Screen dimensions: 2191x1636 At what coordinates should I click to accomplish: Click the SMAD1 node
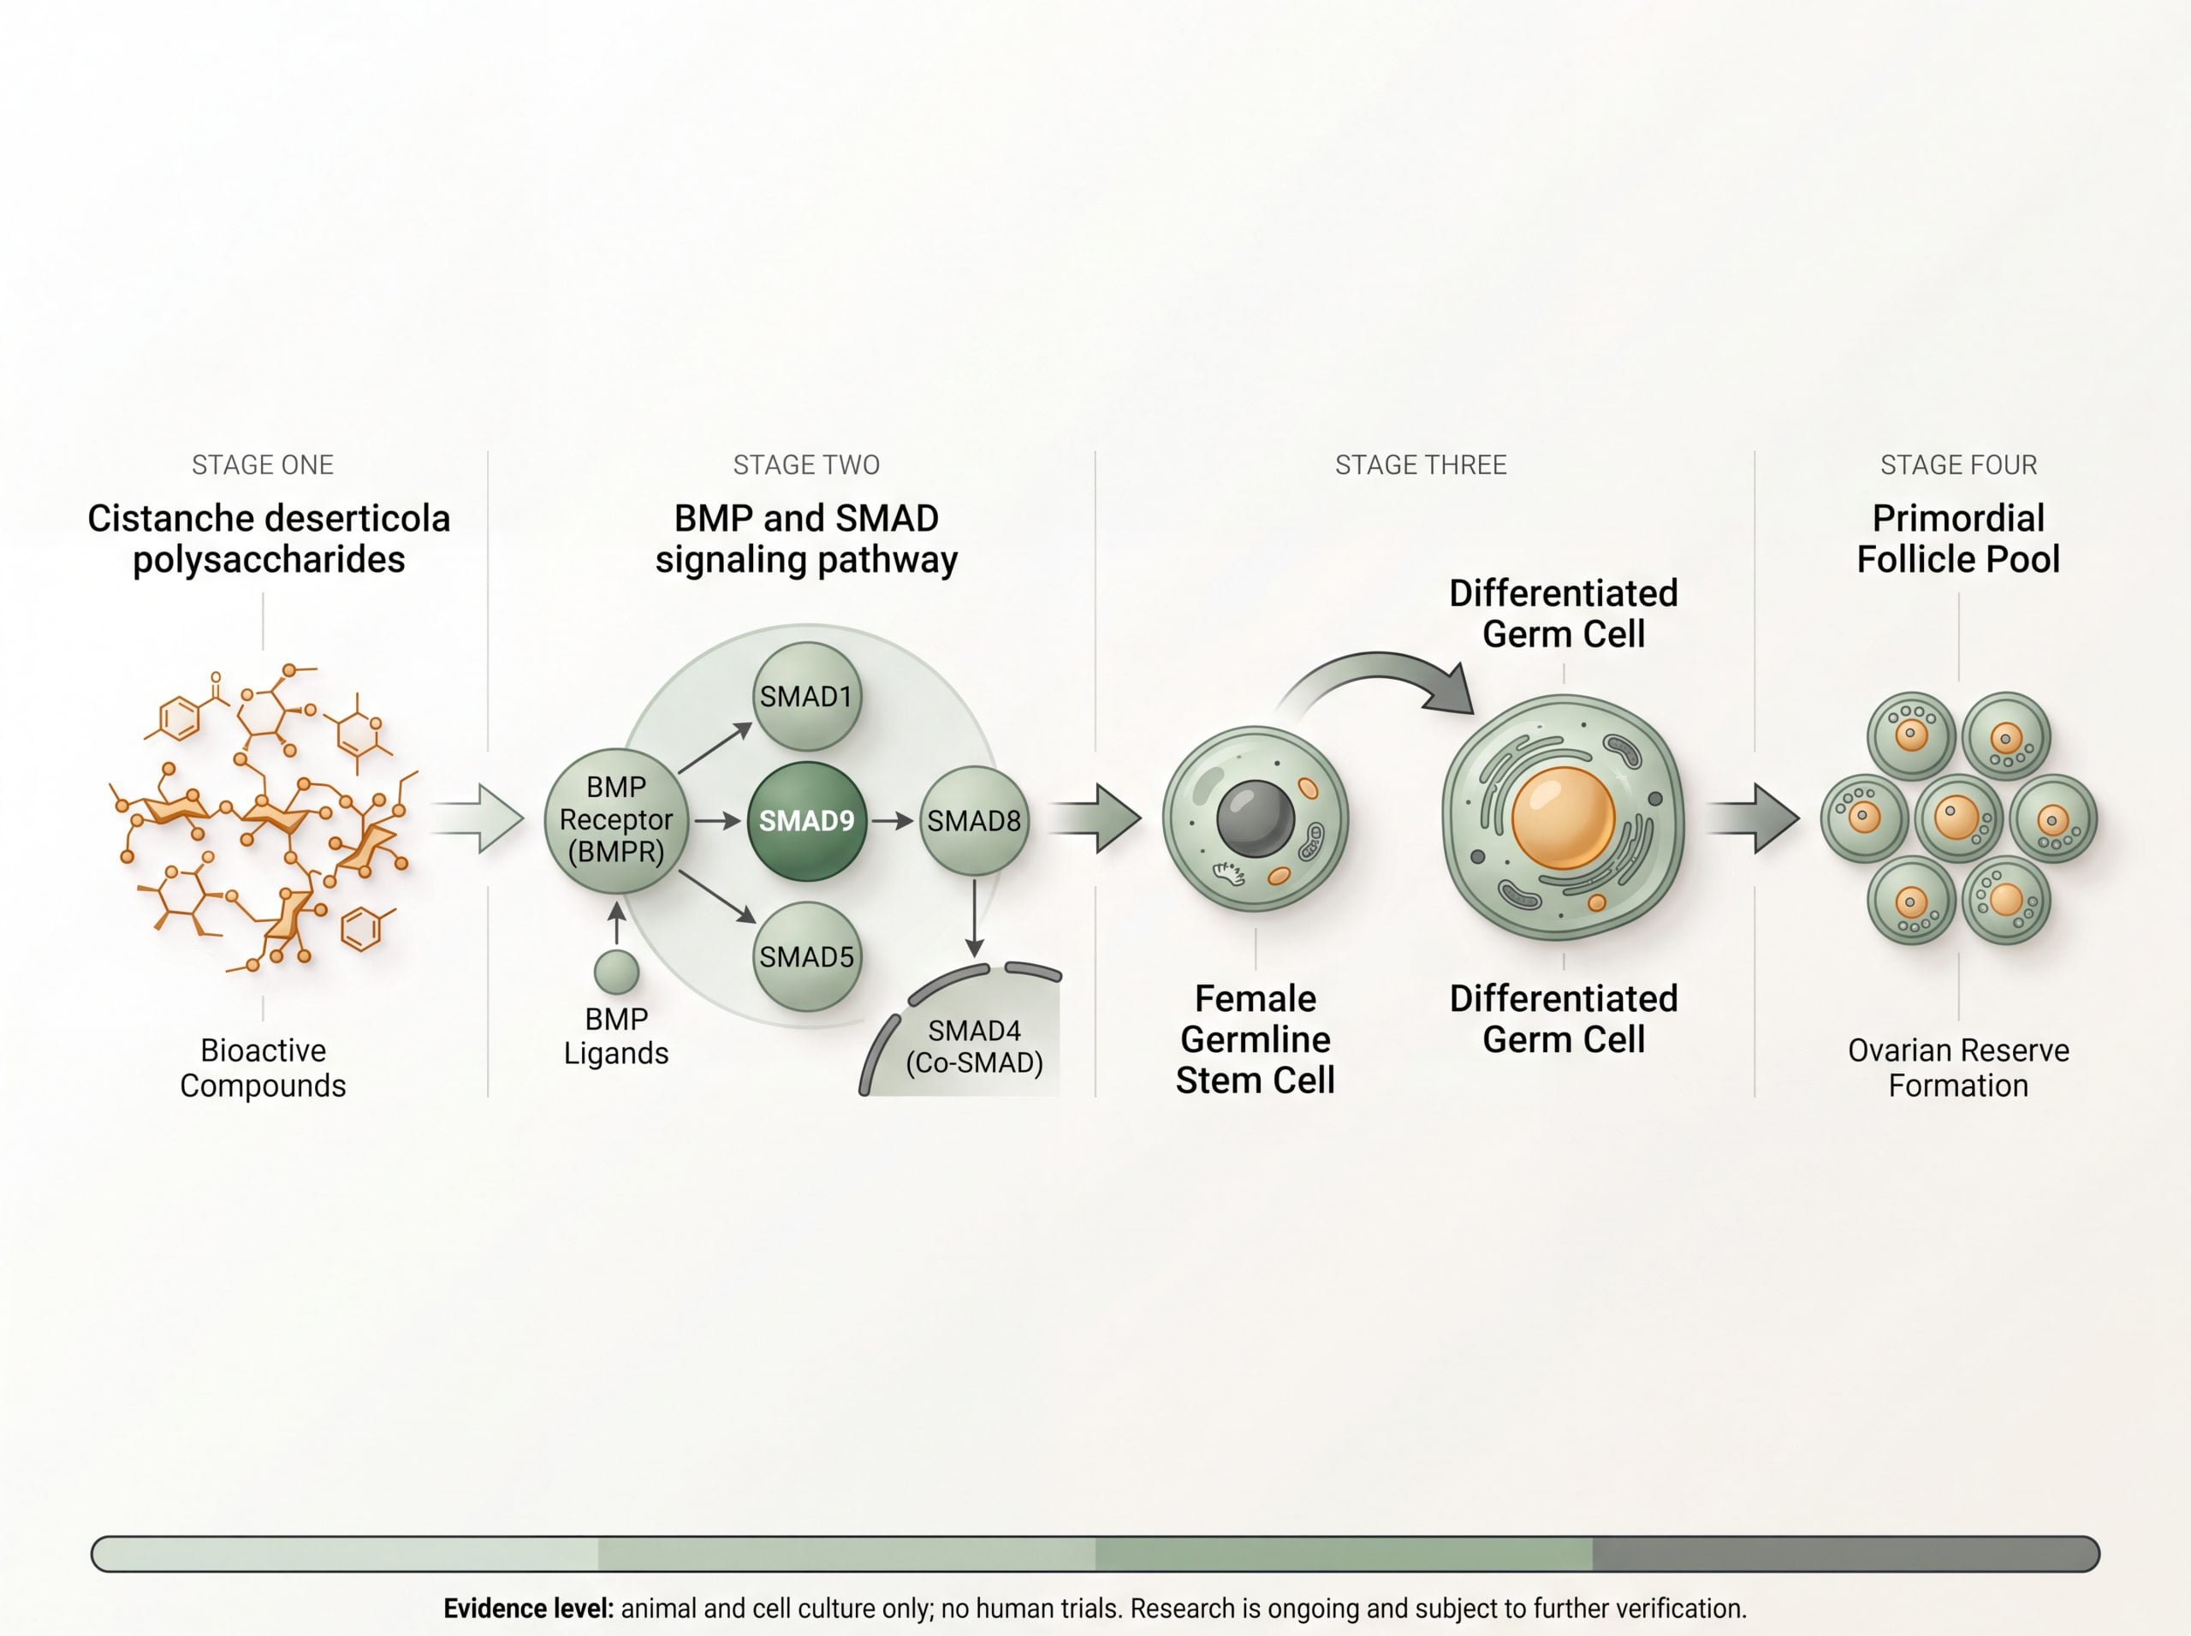807,696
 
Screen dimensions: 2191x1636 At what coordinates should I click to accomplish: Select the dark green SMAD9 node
807,821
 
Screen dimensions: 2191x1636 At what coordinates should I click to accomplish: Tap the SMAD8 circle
974,821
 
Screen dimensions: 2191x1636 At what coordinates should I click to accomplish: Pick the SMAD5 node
807,956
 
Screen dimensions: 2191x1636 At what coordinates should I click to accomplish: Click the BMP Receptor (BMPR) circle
616,820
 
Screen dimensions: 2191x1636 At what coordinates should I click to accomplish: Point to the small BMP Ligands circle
616,972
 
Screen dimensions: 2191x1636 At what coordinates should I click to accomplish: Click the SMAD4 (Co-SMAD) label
974,1047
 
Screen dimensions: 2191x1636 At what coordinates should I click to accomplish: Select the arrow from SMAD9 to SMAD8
893,821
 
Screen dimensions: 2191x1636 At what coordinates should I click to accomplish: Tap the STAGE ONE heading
263,465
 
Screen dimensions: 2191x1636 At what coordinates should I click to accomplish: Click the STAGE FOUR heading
1958,465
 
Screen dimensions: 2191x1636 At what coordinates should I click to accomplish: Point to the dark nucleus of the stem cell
1256,819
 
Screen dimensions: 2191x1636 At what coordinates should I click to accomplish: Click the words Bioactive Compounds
263,1068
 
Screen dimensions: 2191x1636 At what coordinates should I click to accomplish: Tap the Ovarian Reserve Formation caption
1958,1068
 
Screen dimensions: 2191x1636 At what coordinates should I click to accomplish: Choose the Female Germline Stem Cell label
1256,1038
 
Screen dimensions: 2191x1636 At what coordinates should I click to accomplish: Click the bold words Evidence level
529,1609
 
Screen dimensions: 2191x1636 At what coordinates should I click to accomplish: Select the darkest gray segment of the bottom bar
1845,1554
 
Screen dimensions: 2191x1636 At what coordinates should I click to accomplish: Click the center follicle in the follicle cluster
1958,818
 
